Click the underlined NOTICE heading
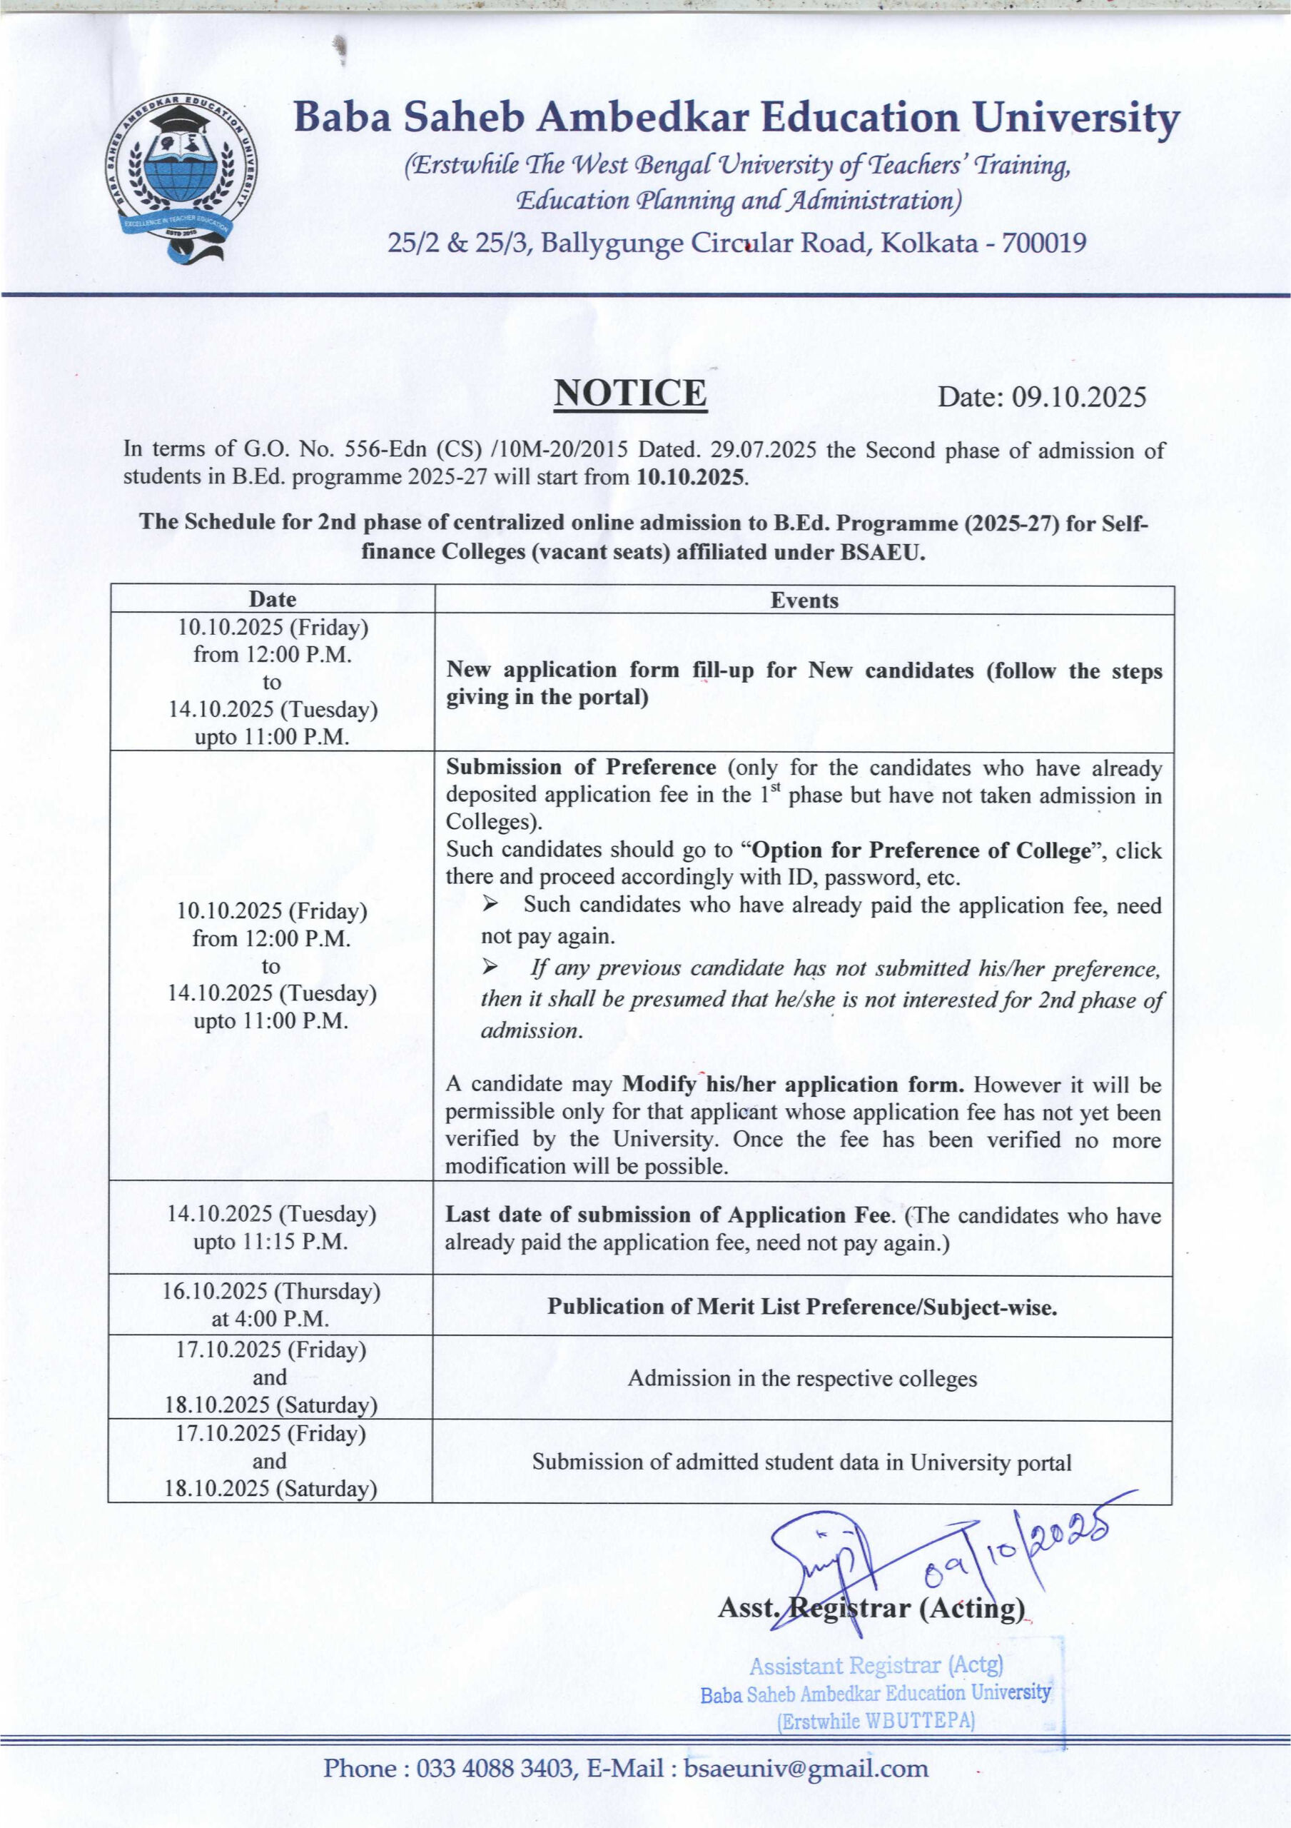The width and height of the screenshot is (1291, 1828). pos(629,394)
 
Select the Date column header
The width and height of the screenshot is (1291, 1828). pos(272,600)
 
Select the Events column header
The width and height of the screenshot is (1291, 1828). pos(804,601)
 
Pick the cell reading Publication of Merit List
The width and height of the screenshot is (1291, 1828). pos(801,1307)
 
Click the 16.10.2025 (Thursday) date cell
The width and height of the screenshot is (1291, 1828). pos(270,1292)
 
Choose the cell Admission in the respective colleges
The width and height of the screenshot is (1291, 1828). pos(801,1378)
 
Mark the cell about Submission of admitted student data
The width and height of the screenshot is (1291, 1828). pos(801,1462)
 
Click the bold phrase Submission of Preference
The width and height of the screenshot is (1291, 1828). pos(580,768)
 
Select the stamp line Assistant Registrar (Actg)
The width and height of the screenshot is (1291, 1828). pos(876,1666)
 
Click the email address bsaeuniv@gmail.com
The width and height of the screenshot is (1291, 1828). pos(806,1768)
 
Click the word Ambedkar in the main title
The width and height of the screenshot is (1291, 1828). pos(642,118)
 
